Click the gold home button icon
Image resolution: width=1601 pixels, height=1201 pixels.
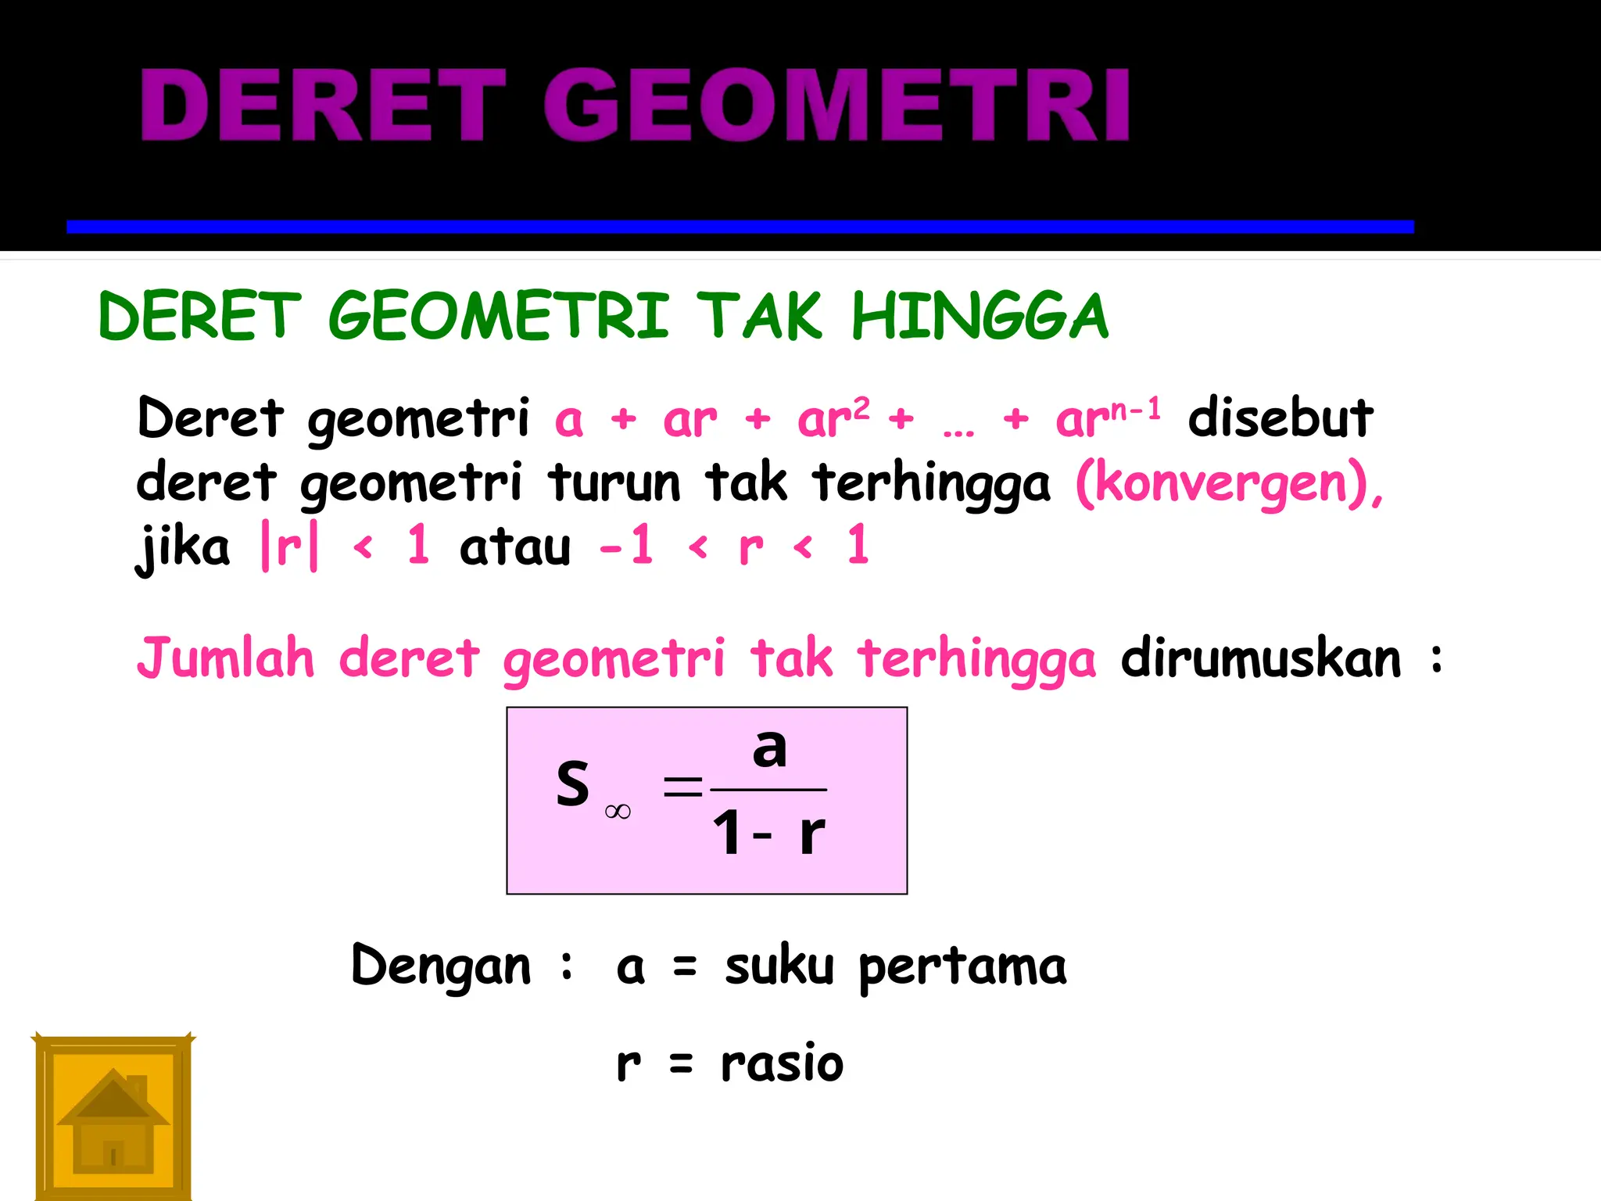(113, 1117)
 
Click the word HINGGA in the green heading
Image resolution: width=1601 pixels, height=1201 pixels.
(980, 316)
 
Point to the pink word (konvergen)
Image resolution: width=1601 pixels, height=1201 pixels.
(1228, 483)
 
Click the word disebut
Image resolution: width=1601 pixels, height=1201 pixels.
(1280, 418)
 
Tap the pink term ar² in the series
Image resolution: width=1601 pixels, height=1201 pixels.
(833, 418)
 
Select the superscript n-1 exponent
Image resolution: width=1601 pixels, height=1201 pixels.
(1135, 408)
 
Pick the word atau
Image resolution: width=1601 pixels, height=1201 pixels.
(515, 547)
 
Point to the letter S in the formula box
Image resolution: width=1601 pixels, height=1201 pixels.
(572, 783)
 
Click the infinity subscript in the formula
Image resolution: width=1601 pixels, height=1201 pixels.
(618, 812)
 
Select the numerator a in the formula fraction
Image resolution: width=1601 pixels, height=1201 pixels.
(769, 748)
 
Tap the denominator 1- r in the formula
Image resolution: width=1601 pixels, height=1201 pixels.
(768, 834)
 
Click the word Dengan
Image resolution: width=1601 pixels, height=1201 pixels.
(441, 966)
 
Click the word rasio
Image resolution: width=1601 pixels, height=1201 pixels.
(782, 1063)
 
